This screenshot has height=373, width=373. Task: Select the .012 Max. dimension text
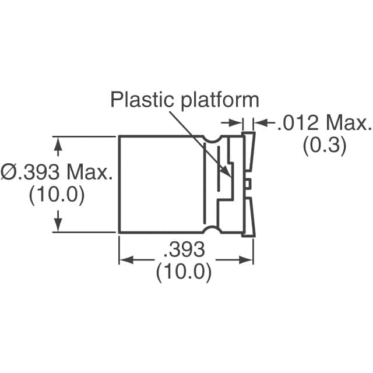(323, 124)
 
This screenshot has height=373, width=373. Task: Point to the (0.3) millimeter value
(324, 145)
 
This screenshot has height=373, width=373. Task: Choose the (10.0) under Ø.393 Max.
(57, 194)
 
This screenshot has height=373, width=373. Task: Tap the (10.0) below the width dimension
(184, 272)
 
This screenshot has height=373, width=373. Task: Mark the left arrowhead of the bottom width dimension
(124, 260)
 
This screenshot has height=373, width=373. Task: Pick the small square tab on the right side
(248, 184)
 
